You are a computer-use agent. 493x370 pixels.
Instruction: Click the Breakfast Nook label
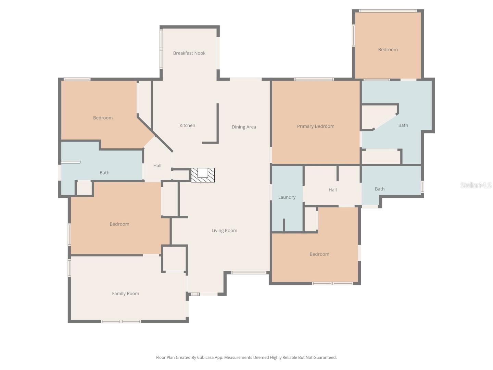189,53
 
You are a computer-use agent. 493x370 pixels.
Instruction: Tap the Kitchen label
187,125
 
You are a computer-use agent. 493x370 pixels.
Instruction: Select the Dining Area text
243,127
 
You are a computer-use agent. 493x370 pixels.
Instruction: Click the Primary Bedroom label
315,126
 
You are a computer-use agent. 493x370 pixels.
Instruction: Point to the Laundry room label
287,197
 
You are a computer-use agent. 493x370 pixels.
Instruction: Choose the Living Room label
224,230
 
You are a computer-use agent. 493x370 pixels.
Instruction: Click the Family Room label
125,293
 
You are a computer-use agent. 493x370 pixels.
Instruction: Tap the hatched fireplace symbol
203,175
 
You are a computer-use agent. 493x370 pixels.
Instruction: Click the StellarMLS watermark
476,185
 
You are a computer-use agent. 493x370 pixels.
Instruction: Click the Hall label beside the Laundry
332,189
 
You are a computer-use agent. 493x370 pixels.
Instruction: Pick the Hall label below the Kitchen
157,165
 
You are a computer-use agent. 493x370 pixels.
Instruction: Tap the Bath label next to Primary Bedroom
403,125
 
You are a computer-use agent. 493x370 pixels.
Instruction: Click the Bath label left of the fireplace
104,172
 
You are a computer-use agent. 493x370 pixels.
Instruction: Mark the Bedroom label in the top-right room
388,49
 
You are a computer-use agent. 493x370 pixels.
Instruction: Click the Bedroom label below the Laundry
319,254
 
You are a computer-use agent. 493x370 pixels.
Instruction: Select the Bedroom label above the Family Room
119,224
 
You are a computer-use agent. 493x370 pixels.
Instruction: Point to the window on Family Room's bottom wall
121,321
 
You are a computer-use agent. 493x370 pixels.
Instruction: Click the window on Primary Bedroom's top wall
314,79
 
